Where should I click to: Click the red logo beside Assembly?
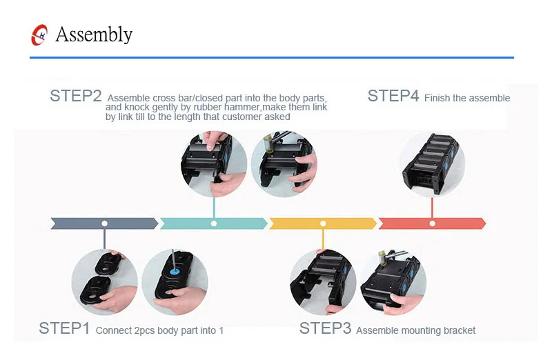click(40, 35)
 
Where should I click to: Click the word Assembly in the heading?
click(94, 34)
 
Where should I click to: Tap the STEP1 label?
click(64, 328)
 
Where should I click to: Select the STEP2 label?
click(75, 97)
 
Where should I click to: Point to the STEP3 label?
click(324, 328)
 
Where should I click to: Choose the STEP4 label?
click(393, 97)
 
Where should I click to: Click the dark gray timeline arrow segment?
click(104, 223)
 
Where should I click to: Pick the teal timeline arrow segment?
click(213, 223)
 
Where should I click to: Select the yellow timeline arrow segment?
click(322, 223)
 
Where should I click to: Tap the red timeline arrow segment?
click(432, 223)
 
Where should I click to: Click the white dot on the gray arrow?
click(104, 223)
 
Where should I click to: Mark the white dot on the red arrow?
click(432, 223)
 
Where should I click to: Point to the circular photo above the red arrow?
click(432, 164)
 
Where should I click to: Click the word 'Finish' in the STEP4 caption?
click(436, 98)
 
